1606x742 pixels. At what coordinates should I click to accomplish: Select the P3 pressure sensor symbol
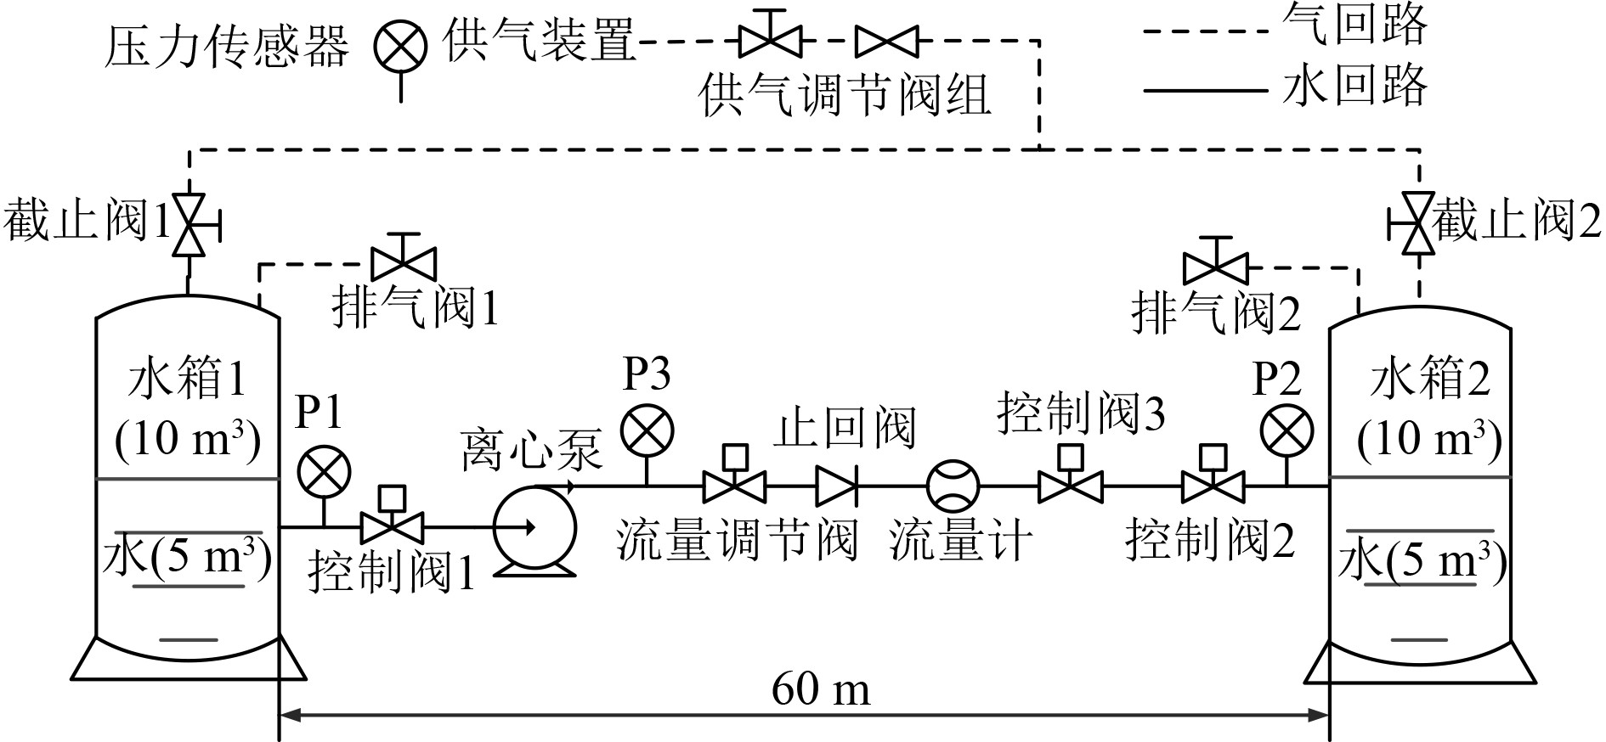(x=647, y=432)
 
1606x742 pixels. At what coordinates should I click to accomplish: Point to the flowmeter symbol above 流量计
(x=953, y=486)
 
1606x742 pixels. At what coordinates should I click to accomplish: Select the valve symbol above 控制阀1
(x=393, y=526)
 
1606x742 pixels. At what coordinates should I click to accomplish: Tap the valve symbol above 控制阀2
(x=1213, y=486)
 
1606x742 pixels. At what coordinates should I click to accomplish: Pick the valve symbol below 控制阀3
(x=1071, y=486)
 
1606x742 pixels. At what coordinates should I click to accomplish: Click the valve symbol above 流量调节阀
(x=734, y=486)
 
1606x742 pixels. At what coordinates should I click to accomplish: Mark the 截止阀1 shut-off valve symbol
(x=189, y=225)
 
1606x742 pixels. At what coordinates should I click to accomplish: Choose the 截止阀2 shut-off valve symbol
(x=1417, y=225)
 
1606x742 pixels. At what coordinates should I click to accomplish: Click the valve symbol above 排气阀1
(x=404, y=262)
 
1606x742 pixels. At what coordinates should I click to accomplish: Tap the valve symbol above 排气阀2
(x=1216, y=268)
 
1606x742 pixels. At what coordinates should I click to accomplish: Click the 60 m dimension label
(x=821, y=689)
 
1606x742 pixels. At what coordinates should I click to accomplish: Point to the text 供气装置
(x=539, y=41)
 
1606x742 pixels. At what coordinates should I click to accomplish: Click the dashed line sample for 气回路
(x=1206, y=31)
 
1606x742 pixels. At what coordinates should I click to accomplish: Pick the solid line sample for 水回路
(x=1206, y=89)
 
